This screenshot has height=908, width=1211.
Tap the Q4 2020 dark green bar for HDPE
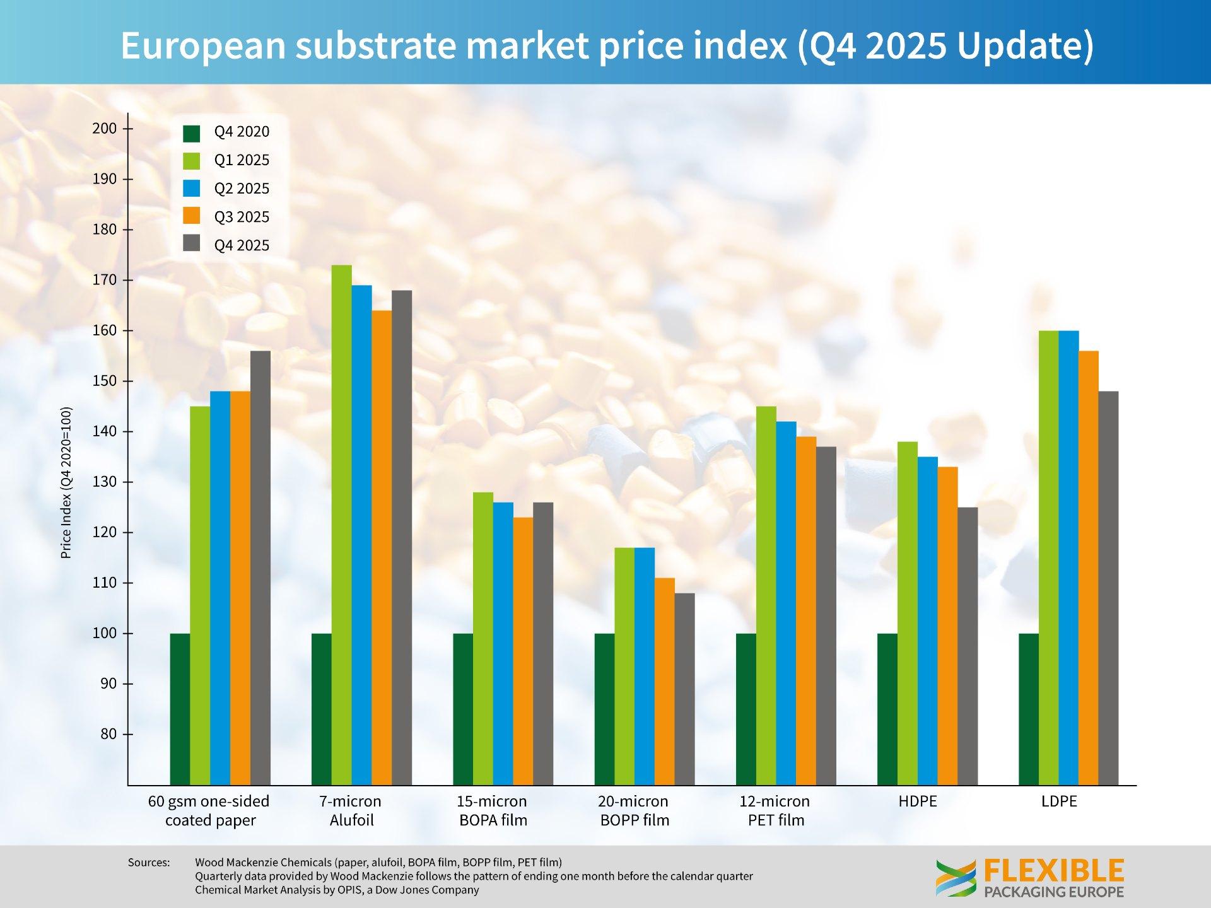[x=887, y=709]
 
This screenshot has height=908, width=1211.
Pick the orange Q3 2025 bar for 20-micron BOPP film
[x=665, y=681]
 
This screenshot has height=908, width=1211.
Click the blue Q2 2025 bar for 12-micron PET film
[x=786, y=603]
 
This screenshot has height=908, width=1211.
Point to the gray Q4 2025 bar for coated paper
[x=260, y=567]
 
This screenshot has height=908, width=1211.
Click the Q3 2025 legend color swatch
[x=192, y=216]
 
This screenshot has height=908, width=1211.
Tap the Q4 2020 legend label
[x=242, y=132]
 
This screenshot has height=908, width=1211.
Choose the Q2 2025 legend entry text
[x=242, y=189]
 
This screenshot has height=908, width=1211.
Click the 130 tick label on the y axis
[x=105, y=482]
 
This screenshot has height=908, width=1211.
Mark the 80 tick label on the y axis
[x=108, y=734]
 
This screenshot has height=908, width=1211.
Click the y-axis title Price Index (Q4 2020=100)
[x=66, y=482]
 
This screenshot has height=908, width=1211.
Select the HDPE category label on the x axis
[x=917, y=801]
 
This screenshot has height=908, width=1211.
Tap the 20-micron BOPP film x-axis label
[x=634, y=810]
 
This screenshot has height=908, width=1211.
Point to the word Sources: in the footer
[x=149, y=862]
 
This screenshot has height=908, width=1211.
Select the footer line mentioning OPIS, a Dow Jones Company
[x=337, y=890]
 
